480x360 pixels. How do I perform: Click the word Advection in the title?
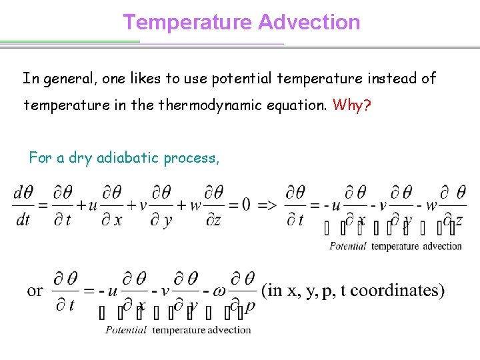coord(309,22)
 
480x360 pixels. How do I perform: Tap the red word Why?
coord(351,105)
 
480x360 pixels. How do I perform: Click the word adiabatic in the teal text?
coord(127,158)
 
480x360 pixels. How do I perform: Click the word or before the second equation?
coord(35,291)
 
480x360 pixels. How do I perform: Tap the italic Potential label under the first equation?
coord(348,246)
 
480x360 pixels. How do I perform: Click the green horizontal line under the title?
coord(70,41)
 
